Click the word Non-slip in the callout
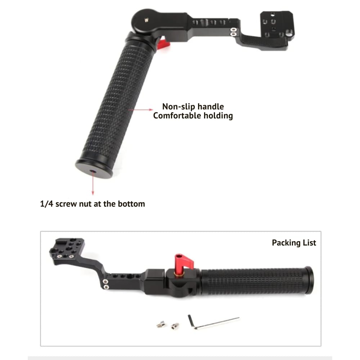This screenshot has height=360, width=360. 179,107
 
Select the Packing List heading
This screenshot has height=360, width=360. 294,243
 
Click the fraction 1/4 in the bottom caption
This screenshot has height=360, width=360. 46,204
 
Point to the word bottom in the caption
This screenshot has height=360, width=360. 131,204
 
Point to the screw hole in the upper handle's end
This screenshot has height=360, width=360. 93,171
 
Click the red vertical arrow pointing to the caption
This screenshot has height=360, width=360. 93,183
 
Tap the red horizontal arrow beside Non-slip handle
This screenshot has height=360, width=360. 140,110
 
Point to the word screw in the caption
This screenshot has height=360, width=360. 66,204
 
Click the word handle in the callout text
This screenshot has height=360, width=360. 211,107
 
